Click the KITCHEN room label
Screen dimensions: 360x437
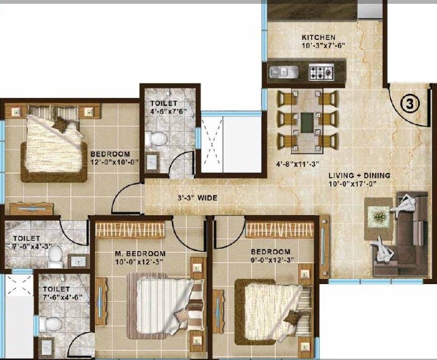tap(318, 37)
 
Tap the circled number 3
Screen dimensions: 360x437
tap(409, 105)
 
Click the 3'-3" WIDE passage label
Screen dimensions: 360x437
tap(197, 198)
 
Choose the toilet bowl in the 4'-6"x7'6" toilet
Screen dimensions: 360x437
tap(159, 138)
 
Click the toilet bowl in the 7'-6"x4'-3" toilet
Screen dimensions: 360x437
tap(55, 255)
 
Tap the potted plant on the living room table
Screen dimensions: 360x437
tap(379, 216)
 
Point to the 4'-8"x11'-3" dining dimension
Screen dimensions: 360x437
tap(297, 164)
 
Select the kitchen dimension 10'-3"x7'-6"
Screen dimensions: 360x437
tap(318, 46)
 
